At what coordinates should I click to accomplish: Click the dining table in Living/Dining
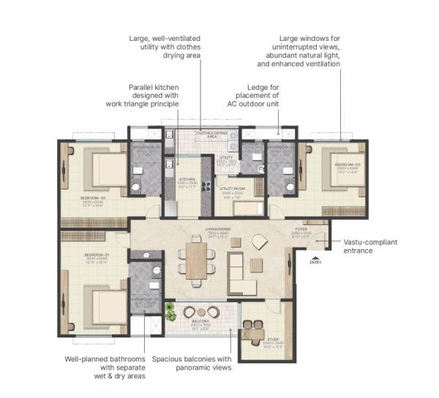(x=198, y=259)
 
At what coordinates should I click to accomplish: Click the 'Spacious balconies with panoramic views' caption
(x=192, y=363)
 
